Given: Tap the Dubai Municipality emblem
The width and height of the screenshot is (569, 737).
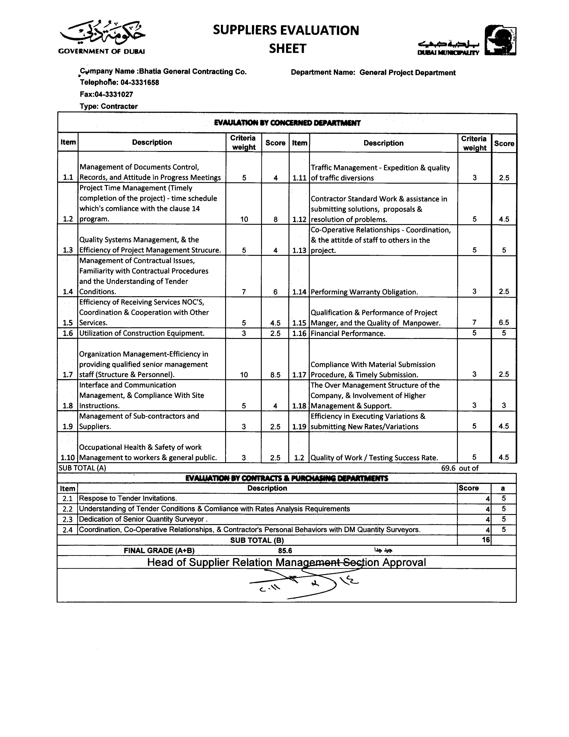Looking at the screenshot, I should point(500,40).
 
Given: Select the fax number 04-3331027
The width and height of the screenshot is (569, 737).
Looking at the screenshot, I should point(114,94).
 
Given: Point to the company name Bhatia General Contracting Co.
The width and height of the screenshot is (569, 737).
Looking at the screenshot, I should point(193,71).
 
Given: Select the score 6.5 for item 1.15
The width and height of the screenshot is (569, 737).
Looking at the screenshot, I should point(504,323).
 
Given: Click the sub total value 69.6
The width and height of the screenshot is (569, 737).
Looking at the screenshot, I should point(448,468).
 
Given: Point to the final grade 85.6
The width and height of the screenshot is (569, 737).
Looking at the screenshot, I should point(285,551).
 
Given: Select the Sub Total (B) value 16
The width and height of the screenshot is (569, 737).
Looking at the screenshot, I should point(485,540).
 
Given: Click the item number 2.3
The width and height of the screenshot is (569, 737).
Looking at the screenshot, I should point(67,519).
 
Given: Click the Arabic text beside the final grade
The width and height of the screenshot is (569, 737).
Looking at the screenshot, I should point(383,550).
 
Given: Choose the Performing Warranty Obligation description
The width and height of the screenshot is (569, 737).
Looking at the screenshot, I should point(364,292).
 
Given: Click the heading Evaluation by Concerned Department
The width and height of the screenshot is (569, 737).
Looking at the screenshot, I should point(287,123).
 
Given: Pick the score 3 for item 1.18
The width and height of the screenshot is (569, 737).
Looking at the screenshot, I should point(504,406).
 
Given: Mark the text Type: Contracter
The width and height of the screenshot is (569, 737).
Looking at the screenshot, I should point(108,106).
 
